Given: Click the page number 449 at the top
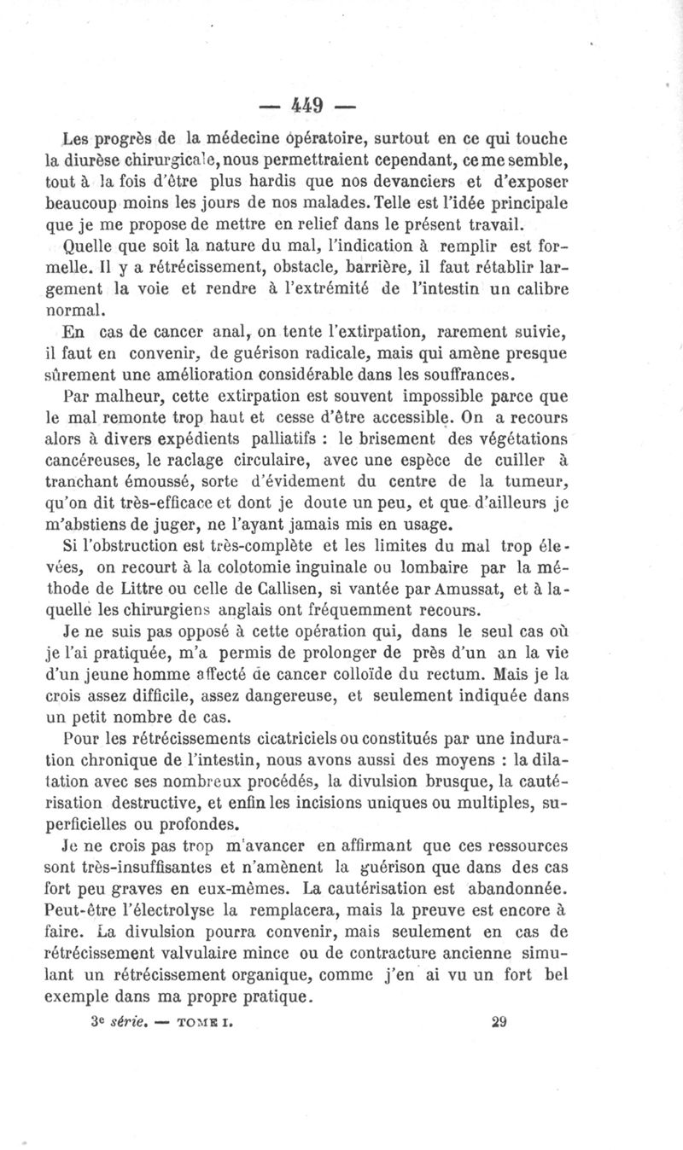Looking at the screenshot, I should (x=305, y=107).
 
